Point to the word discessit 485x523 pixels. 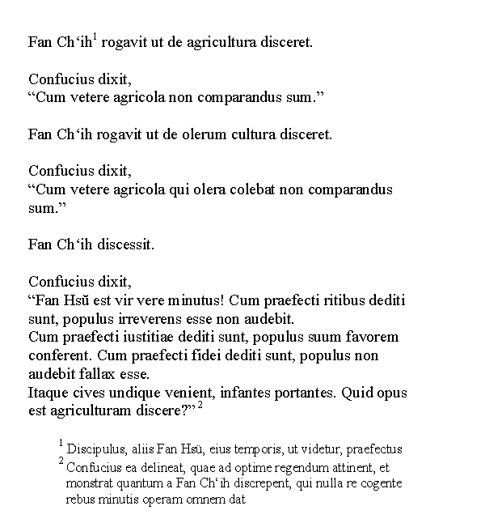point(126,244)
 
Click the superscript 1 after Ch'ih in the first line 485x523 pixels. point(95,36)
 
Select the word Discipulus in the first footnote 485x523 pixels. point(95,449)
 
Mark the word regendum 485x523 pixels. point(293,467)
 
